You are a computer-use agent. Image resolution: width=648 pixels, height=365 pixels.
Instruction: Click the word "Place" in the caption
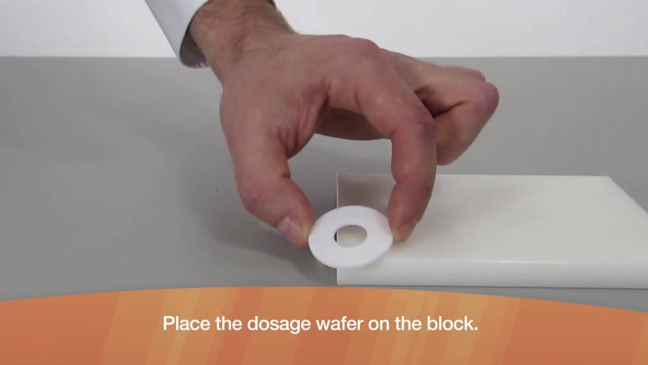click(185, 323)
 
